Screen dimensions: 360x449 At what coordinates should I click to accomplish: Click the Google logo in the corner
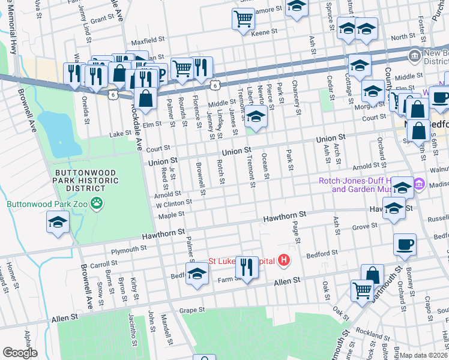pos(20,352)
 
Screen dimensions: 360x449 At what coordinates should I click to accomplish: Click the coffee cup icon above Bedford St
pos(405,244)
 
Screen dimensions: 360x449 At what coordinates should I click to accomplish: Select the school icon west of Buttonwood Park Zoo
pos(58,223)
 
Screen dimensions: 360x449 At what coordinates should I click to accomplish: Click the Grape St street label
pos(193,310)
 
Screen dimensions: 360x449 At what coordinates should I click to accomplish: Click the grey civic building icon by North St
pos(414,57)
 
